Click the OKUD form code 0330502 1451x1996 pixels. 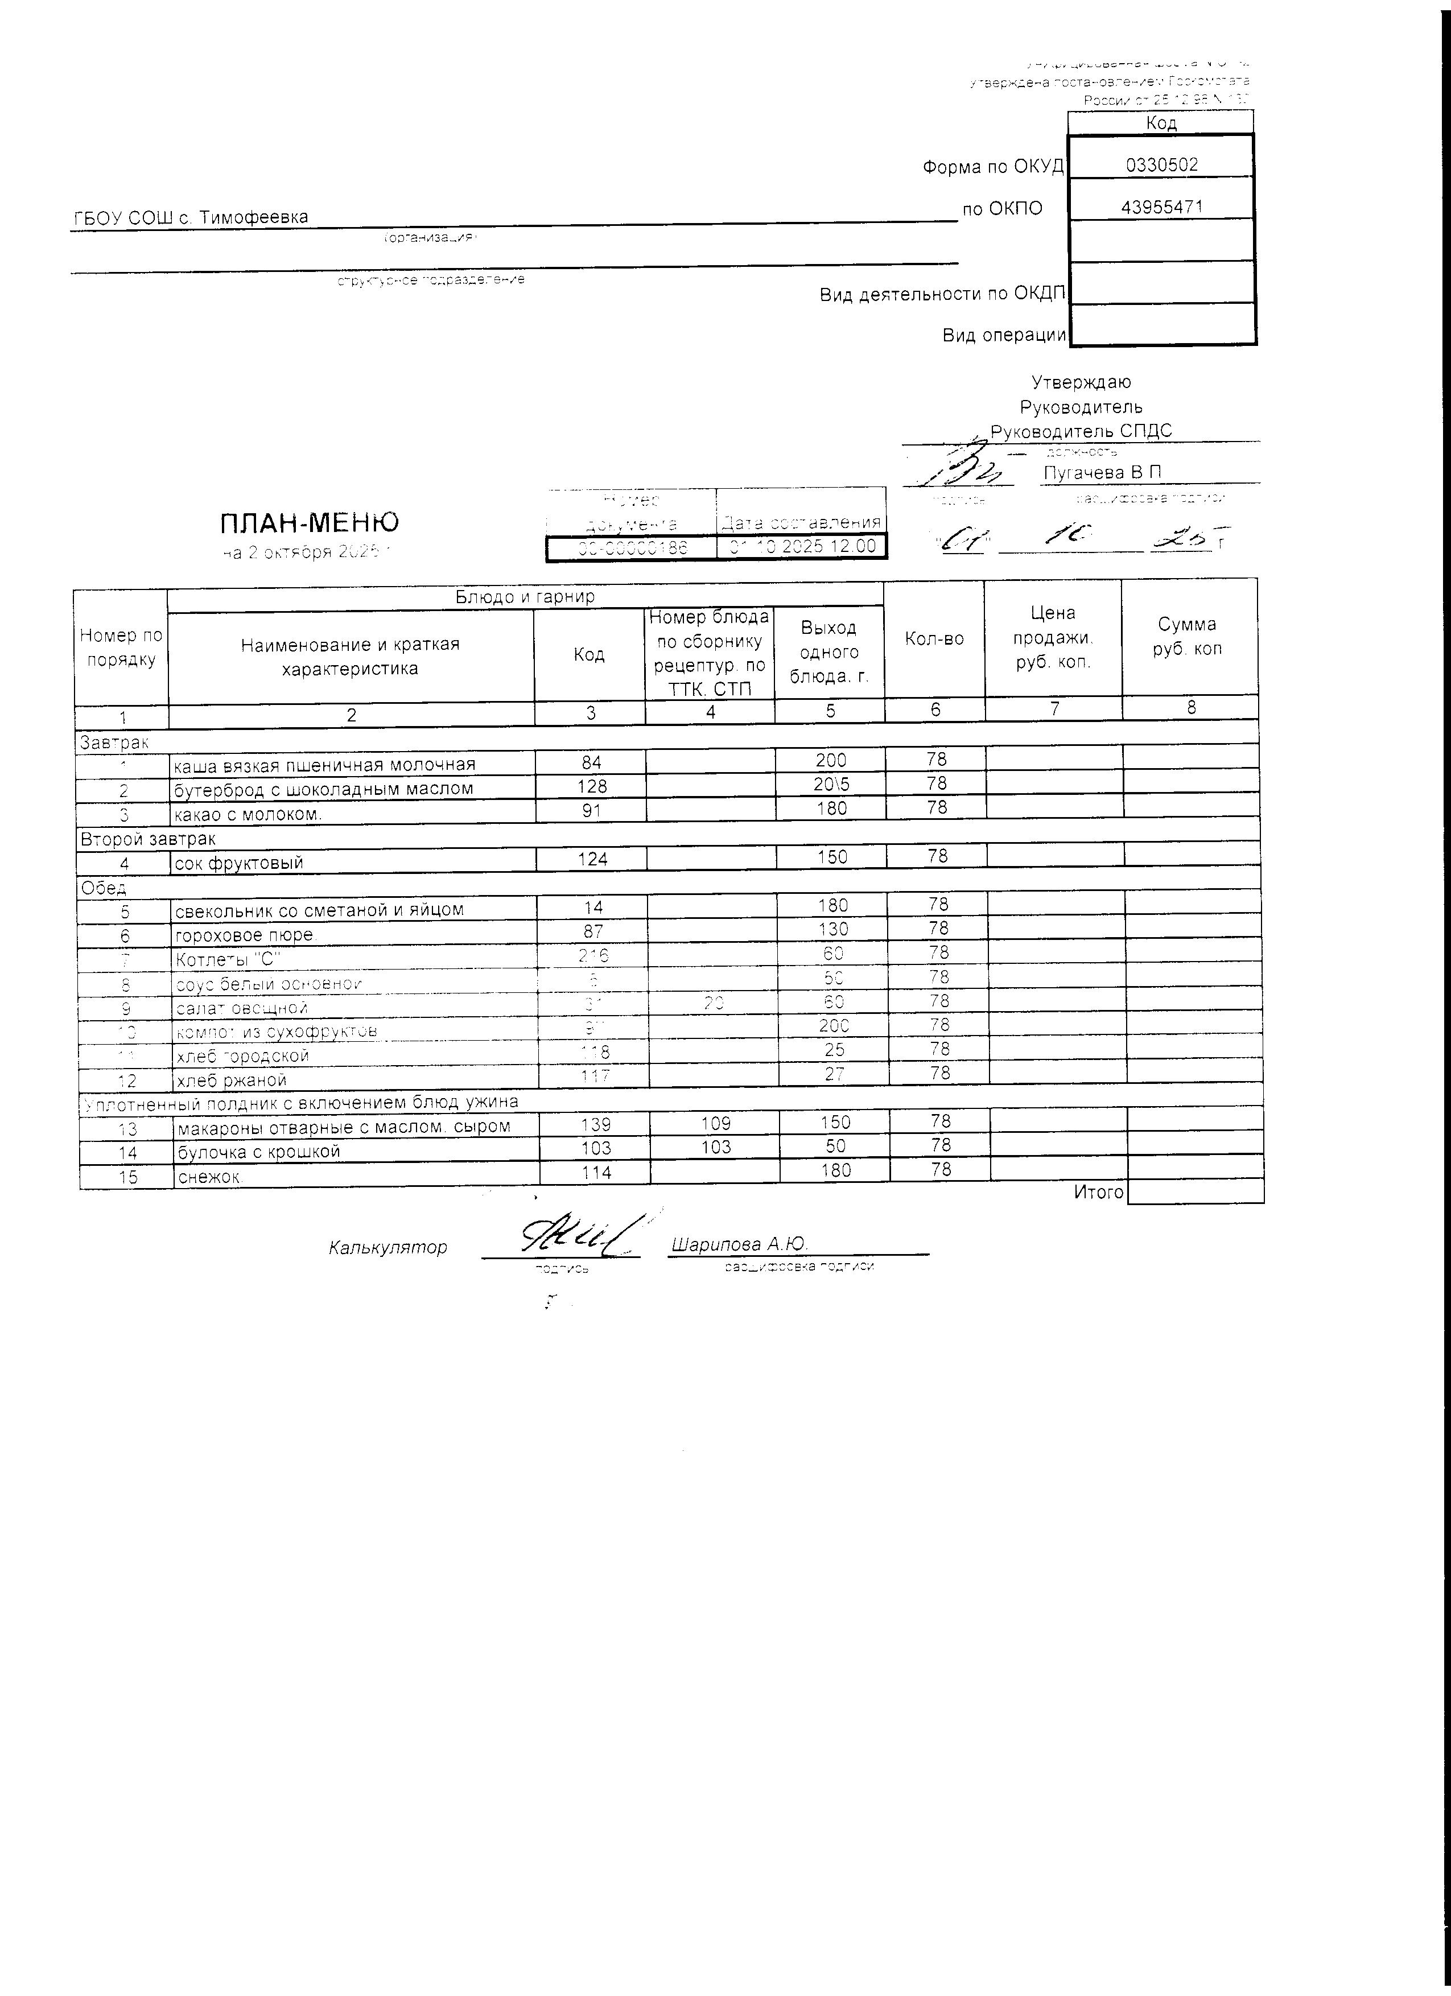[x=1161, y=164]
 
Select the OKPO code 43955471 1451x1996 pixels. [x=1161, y=208]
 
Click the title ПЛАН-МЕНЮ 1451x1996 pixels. [x=309, y=523]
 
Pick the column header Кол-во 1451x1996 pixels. [x=934, y=639]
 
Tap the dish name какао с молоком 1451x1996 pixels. [x=248, y=814]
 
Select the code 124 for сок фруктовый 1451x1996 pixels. [x=592, y=858]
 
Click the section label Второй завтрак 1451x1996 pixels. [x=148, y=839]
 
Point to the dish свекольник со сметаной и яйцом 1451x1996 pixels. [x=319, y=909]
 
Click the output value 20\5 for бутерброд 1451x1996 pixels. [x=831, y=784]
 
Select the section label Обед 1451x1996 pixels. [x=104, y=887]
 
